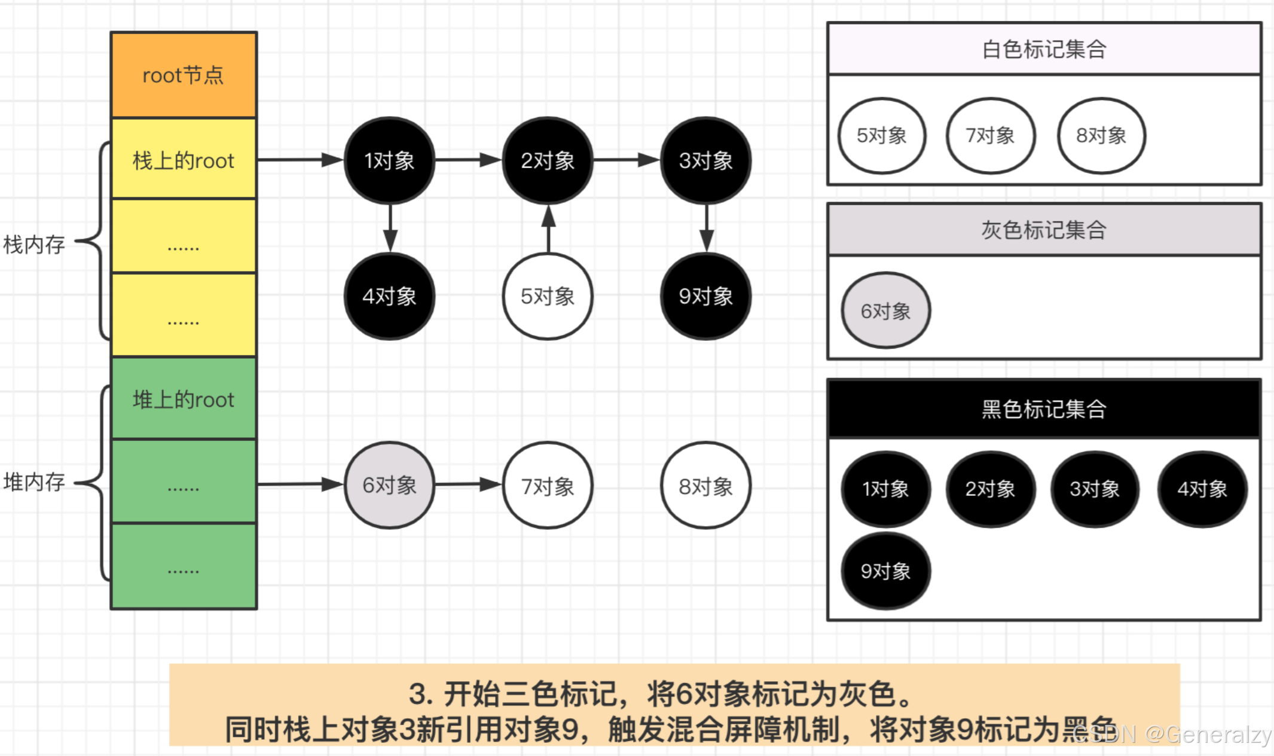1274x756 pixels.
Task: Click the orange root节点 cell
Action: [x=184, y=75]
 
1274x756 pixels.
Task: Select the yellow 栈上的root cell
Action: [x=184, y=160]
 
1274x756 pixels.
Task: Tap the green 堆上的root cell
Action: [x=184, y=399]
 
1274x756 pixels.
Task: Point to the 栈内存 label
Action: [x=34, y=244]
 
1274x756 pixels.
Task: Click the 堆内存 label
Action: [x=34, y=481]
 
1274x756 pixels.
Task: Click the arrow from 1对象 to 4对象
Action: [x=390, y=228]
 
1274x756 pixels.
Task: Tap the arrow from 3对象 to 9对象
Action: [x=706, y=228]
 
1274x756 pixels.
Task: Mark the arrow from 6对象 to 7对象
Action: [x=468, y=484]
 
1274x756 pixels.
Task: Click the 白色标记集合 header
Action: [x=1044, y=49]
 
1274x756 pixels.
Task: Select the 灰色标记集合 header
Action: [x=1044, y=230]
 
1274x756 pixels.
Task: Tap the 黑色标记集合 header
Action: [x=1044, y=409]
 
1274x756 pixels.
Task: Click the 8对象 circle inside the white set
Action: [x=1101, y=136]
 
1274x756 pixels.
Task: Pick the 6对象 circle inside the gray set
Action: [x=885, y=310]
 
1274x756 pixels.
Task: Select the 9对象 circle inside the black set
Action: [x=885, y=571]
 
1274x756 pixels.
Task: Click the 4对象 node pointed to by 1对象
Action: [x=389, y=296]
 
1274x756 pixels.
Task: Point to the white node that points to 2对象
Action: [x=548, y=296]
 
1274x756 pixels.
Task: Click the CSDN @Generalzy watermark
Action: [x=1172, y=734]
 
